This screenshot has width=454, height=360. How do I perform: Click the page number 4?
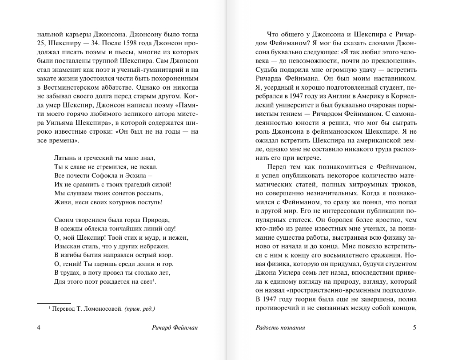click(x=39, y=328)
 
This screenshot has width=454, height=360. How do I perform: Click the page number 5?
click(x=414, y=328)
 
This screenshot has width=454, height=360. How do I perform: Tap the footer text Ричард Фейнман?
click(x=175, y=328)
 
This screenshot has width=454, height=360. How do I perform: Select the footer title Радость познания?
click(x=280, y=328)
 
